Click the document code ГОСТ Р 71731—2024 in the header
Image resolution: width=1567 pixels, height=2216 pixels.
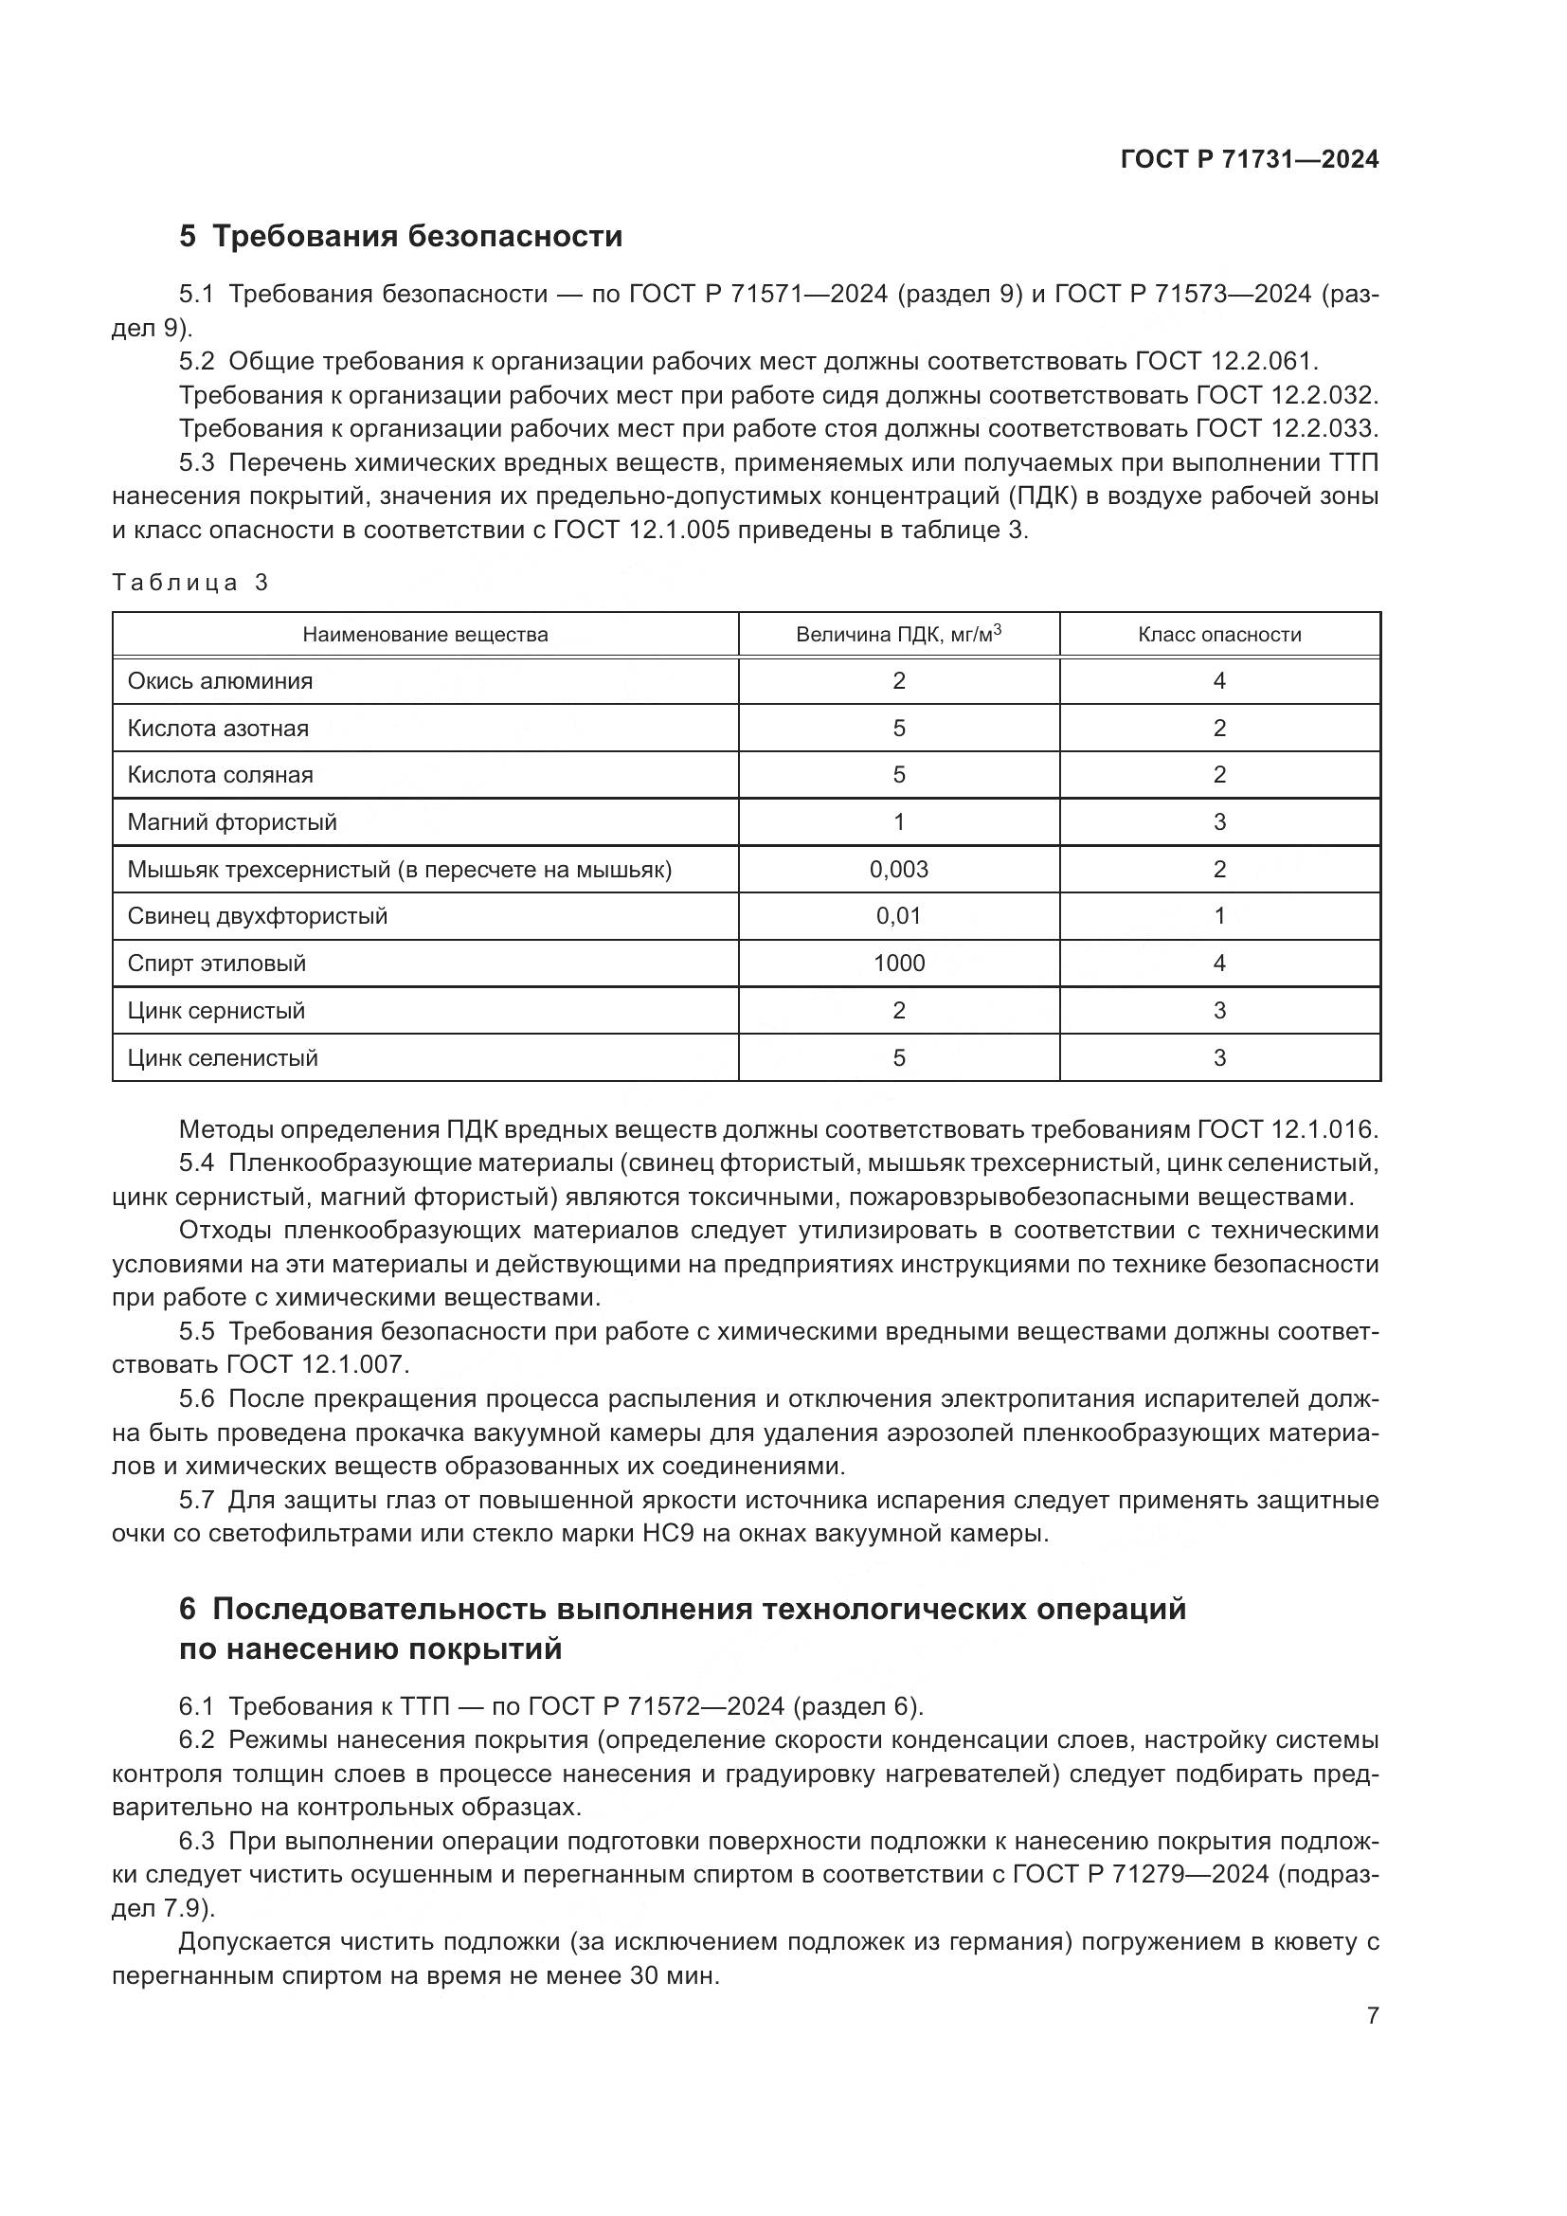click(x=1250, y=160)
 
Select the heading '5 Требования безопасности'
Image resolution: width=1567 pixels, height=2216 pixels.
click(x=401, y=237)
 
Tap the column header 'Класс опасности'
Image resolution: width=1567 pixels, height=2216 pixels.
click(x=1218, y=635)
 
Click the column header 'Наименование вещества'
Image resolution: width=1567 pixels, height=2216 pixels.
click(x=424, y=635)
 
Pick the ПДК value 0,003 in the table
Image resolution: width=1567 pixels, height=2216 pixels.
click(x=898, y=870)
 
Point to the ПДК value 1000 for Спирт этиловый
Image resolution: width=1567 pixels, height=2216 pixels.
click(x=898, y=964)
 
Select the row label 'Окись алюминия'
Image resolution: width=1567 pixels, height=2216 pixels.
click(x=220, y=681)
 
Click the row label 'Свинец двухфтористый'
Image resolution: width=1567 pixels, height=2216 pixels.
click(x=258, y=916)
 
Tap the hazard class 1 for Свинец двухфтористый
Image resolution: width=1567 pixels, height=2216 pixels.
click(x=1218, y=916)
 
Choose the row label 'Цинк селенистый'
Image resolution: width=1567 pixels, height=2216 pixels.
click(x=223, y=1058)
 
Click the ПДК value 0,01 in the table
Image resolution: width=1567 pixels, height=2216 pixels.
click(x=898, y=916)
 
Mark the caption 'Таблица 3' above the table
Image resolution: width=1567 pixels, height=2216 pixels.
click(x=190, y=583)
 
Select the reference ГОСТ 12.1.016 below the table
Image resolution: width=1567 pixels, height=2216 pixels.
click(x=1288, y=1130)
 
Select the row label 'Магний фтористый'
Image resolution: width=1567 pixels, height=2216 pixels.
click(x=232, y=822)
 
